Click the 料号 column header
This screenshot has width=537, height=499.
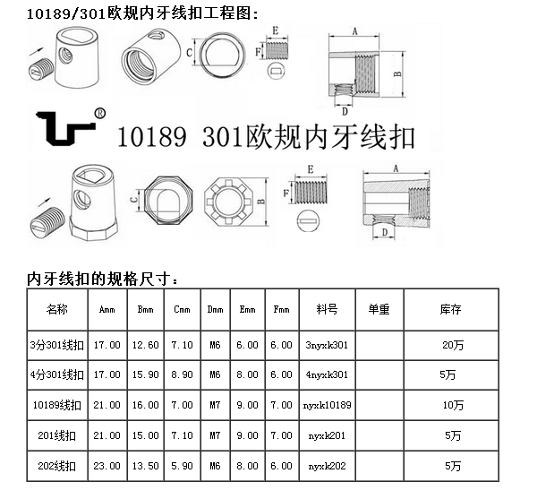[x=327, y=309]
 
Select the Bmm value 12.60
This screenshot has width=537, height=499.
[x=146, y=345]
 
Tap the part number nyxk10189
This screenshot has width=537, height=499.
[x=327, y=405]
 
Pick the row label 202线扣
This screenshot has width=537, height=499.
[x=57, y=466]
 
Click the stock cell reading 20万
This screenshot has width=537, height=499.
[x=453, y=345]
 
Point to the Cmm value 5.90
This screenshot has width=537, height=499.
[x=182, y=466]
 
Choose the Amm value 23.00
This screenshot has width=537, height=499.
[x=107, y=466]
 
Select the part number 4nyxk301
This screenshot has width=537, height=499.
[x=327, y=374]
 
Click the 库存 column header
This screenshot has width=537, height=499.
[x=451, y=309]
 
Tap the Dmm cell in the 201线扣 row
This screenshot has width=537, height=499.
[x=215, y=435]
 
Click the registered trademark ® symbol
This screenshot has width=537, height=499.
[x=99, y=113]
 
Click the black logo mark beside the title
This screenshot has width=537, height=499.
[x=65, y=128]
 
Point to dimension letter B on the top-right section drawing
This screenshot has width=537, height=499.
[x=397, y=73]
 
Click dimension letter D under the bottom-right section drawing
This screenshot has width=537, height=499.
[x=385, y=232]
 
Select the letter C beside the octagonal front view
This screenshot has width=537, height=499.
[x=134, y=198]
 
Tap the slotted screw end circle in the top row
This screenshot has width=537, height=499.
[x=276, y=71]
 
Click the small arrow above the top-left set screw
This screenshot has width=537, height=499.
[x=38, y=53]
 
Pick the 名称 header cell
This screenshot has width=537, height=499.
[x=57, y=309]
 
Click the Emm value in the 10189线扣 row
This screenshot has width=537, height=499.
[x=247, y=405]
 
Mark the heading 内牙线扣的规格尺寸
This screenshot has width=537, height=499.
[x=103, y=280]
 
